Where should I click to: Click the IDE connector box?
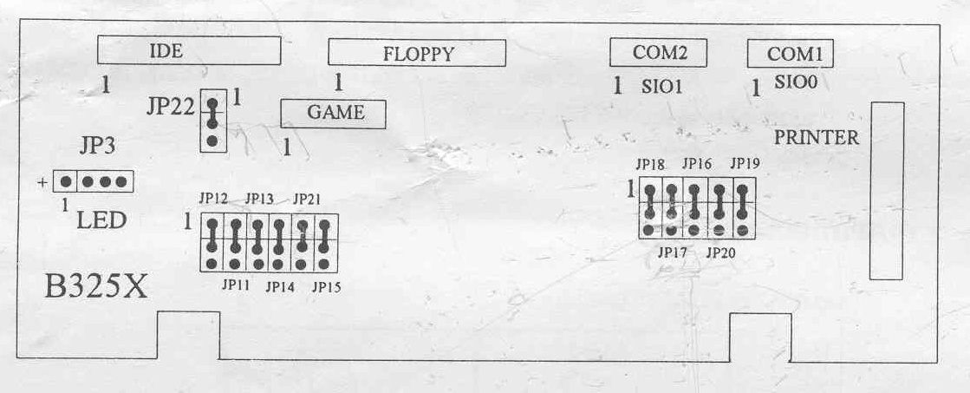[189, 50]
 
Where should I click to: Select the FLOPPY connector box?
[417, 53]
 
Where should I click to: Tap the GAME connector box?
[333, 114]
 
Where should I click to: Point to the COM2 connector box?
[659, 52]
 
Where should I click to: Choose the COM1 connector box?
[791, 54]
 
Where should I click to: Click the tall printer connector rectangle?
[887, 191]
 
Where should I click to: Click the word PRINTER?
[817, 137]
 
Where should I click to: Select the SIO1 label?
[663, 87]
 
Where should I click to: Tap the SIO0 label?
[797, 84]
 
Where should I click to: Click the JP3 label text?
[97, 146]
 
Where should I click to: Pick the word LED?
[102, 220]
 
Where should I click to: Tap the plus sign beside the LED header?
[42, 183]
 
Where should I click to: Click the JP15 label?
[326, 285]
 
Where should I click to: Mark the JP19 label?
[745, 163]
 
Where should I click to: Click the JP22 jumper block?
[212, 121]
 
